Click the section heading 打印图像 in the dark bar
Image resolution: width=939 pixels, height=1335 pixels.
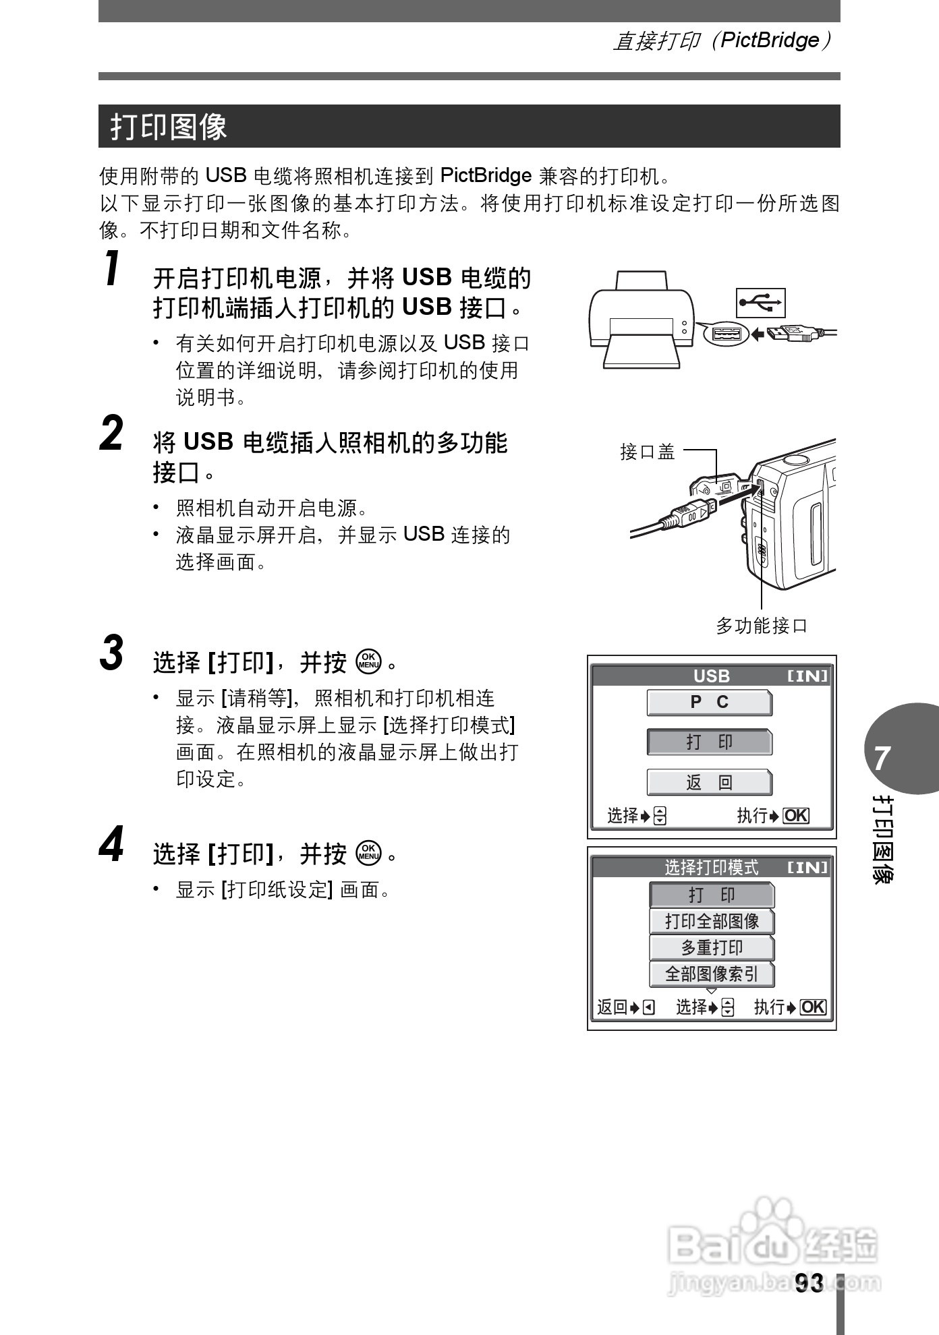pos(169,127)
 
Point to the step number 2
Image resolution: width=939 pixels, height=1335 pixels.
pos(112,434)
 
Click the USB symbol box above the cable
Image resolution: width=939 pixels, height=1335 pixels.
pos(760,303)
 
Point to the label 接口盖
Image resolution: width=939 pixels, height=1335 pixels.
pos(647,452)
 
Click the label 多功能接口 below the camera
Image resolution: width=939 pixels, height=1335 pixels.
pos(761,626)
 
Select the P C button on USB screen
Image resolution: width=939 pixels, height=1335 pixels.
pos(709,703)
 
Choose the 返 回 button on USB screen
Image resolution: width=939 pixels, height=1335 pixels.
pos(709,782)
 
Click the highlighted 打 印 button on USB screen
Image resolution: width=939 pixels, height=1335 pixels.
pos(709,742)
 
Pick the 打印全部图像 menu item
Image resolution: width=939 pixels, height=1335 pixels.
pos(712,921)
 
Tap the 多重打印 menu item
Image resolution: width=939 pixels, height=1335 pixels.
pos(712,947)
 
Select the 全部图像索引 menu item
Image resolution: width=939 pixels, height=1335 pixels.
pos(712,974)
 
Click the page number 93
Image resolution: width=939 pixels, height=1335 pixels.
pos(809,1283)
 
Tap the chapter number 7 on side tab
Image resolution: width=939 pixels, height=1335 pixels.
pos(882,759)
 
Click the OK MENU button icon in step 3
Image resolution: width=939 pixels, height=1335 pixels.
pos(369,662)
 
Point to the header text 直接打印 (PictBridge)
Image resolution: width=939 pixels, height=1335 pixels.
pos(722,41)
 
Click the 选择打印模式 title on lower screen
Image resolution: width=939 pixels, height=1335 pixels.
pos(711,867)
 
